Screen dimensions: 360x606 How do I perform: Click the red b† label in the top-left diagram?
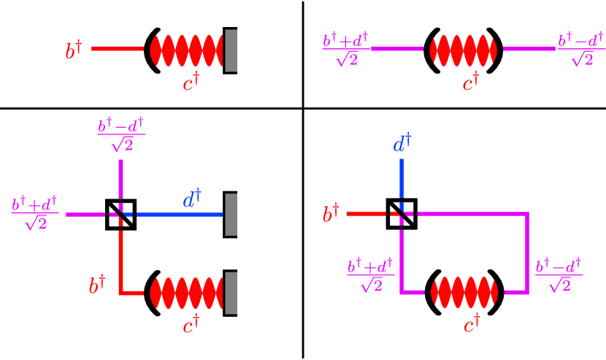73,51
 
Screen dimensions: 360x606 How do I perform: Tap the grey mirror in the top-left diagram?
231,50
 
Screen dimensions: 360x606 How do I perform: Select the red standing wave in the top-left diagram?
186,50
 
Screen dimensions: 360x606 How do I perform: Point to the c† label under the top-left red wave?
191,83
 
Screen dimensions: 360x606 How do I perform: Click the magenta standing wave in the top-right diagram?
464,50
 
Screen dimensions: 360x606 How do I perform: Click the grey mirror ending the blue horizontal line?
231,214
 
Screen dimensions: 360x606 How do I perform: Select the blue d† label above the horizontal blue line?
191,199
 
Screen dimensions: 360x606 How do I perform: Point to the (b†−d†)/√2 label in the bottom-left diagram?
121,134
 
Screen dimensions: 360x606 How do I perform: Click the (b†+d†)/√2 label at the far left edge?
35,213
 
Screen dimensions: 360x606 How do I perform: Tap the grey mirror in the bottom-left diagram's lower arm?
231,293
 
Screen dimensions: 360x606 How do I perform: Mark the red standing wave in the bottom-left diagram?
186,293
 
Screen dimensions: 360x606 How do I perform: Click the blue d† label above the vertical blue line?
402,144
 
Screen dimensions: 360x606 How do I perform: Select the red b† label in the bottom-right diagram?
331,215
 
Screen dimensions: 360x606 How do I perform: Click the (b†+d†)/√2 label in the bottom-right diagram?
371,275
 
